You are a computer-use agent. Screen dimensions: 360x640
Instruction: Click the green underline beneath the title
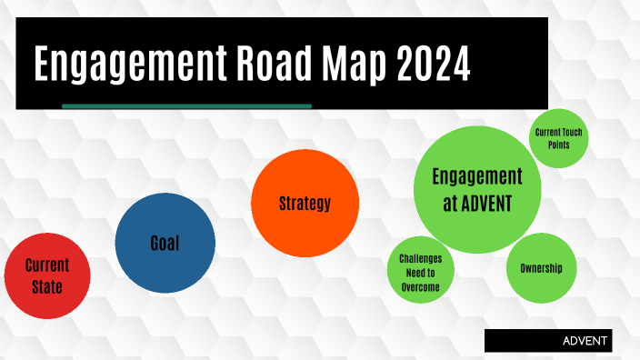pyautogui.click(x=186, y=106)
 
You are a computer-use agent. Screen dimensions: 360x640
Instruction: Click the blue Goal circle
pyautogui.click(x=165, y=243)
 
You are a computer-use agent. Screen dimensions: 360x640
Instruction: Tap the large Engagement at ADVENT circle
pyautogui.click(x=477, y=190)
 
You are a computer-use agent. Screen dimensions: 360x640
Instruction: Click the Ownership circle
pyautogui.click(x=541, y=268)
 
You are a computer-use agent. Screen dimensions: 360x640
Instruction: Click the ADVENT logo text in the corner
pyautogui.click(x=586, y=341)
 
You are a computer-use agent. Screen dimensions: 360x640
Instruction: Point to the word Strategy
pyautogui.click(x=304, y=203)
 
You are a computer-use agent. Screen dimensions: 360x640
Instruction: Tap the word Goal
pyautogui.click(x=165, y=243)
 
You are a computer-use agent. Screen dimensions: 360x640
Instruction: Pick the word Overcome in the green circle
pyautogui.click(x=421, y=287)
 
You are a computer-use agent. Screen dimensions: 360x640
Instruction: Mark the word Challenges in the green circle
pyautogui.click(x=421, y=258)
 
